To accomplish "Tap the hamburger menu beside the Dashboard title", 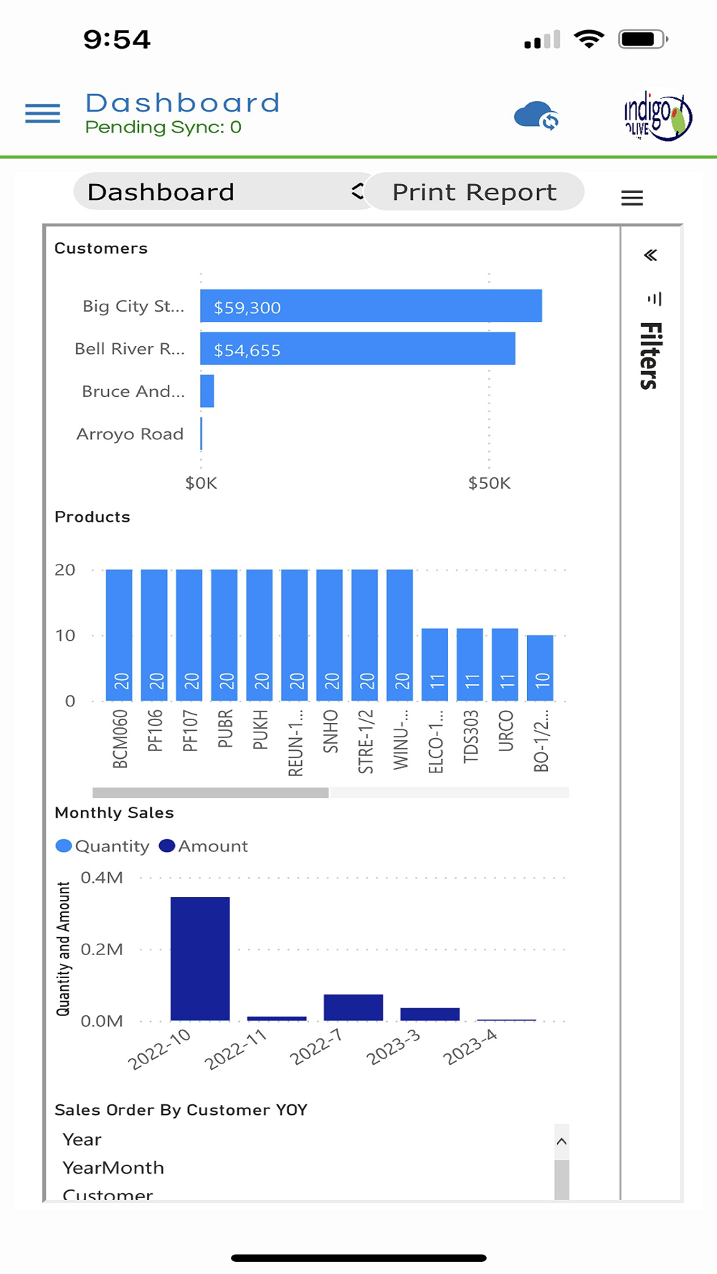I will [42, 113].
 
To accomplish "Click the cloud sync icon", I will [536, 116].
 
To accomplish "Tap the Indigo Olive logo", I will [657, 116].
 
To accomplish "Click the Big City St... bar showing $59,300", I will [371, 306].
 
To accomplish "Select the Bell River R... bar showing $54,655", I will [357, 349].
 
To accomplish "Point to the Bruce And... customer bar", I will [207, 391].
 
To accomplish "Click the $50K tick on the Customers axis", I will [489, 483].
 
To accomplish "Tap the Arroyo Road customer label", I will [130, 434].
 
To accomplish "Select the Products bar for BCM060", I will [119, 634].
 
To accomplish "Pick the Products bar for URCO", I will [505, 664].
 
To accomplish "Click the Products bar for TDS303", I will [470, 664].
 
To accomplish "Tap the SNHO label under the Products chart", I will [331, 731].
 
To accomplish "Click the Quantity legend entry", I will [103, 846].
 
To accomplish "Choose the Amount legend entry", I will [204, 846].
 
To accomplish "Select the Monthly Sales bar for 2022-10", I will [200, 958].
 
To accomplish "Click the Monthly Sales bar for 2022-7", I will [353, 1007].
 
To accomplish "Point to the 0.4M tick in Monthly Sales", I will [102, 878].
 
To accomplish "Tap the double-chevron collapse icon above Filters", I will [650, 255].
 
